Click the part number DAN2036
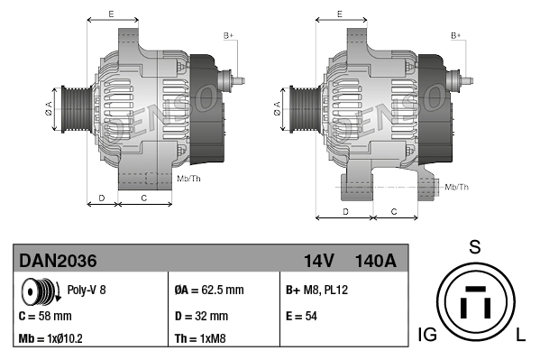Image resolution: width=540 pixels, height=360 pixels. coord(58,262)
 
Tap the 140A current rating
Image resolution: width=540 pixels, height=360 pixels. coord(375,262)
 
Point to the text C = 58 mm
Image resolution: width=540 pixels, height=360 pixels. coord(45,317)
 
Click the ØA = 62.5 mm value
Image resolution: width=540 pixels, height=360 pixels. coord(208,291)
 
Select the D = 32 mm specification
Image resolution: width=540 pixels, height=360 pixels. coord(201,317)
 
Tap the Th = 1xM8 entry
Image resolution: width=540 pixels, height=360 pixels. coord(200,339)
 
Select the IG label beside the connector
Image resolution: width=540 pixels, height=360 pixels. coord(428,336)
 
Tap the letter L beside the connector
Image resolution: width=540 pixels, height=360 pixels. coord(521,336)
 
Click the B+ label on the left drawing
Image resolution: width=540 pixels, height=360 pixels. coord(228,34)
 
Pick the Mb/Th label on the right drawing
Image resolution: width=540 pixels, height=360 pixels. coord(457,187)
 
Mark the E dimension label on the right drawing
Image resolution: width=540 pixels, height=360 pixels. coord(339,14)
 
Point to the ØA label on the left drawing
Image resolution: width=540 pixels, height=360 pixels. coord(49,109)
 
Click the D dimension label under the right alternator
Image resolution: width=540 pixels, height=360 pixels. coord(345,211)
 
